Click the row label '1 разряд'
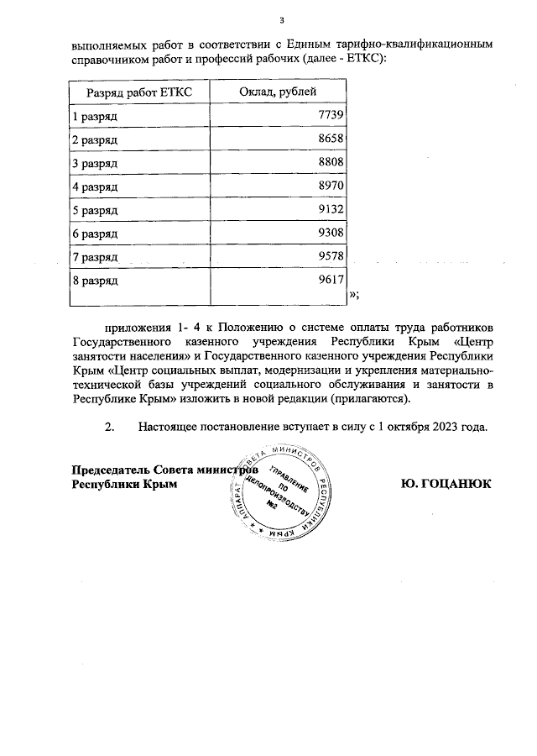[x=95, y=114]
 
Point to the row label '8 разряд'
[x=95, y=280]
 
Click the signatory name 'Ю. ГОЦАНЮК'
[x=446, y=484]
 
